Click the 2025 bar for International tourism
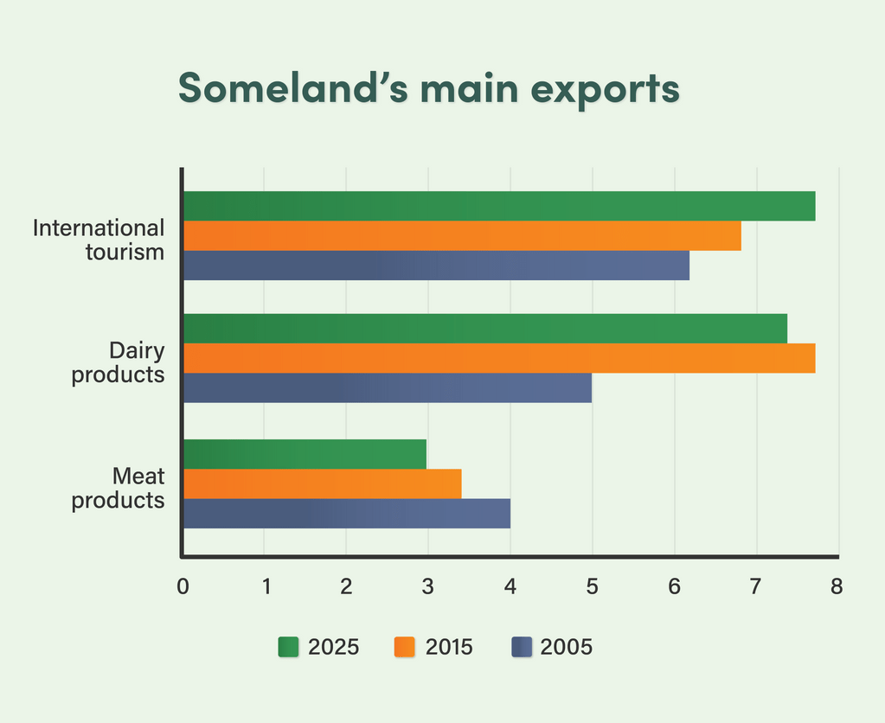click(x=499, y=206)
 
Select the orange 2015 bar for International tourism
click(x=462, y=236)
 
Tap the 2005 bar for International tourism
click(x=436, y=266)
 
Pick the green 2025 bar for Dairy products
click(x=484, y=329)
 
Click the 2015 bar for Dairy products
click(x=499, y=358)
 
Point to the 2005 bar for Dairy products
click(x=388, y=388)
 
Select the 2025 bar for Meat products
click(x=305, y=454)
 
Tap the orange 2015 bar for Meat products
click(x=322, y=483)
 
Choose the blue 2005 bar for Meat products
click(x=346, y=514)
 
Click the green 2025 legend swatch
click(x=288, y=647)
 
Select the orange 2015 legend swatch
click(x=405, y=647)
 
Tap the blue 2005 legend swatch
click(x=521, y=647)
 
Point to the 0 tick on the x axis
click(x=183, y=586)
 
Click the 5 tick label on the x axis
click(x=593, y=586)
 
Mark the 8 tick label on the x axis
click(x=837, y=586)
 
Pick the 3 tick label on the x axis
click(x=427, y=586)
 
